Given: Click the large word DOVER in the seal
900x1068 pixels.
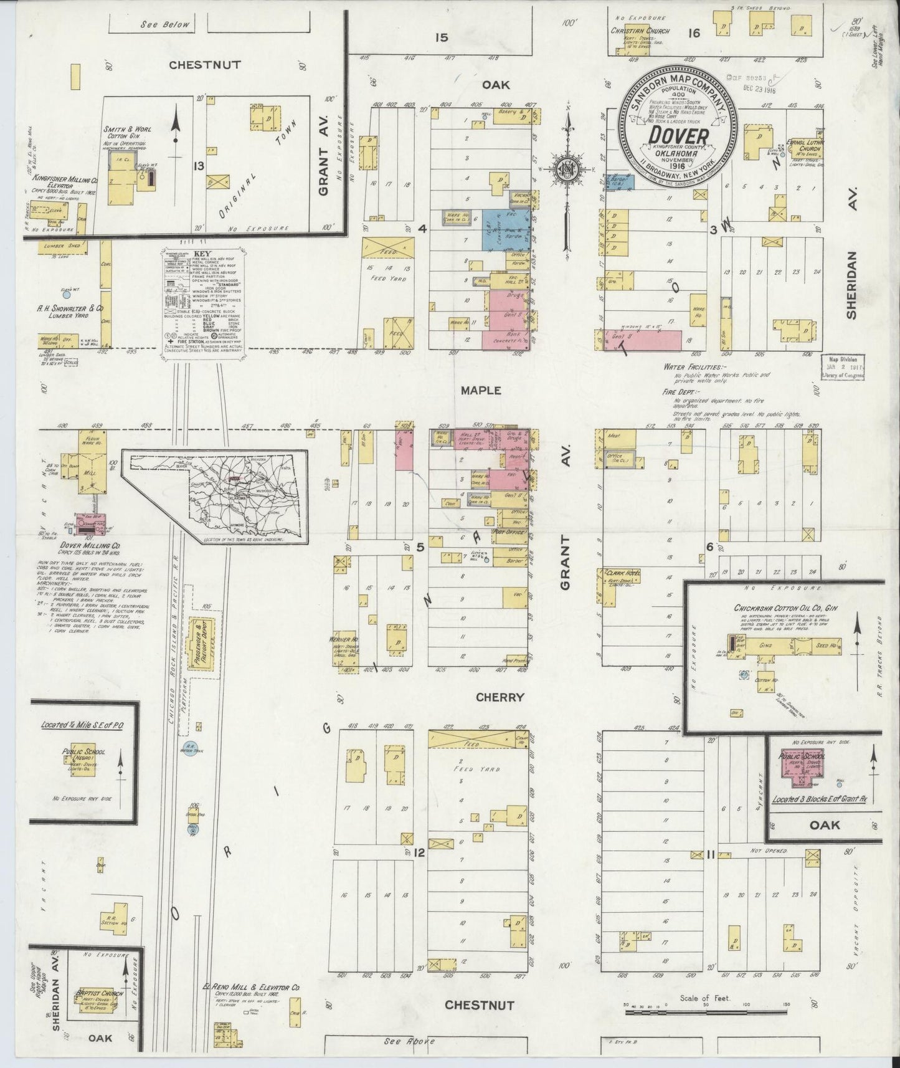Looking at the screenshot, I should point(678,135).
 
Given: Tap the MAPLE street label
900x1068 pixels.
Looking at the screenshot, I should point(481,390).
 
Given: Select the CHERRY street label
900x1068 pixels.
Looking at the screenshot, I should point(500,697).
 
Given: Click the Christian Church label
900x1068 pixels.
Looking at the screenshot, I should point(640,31).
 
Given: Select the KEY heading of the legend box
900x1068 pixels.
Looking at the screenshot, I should point(203,254).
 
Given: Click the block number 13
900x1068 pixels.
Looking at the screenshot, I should point(199,166).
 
